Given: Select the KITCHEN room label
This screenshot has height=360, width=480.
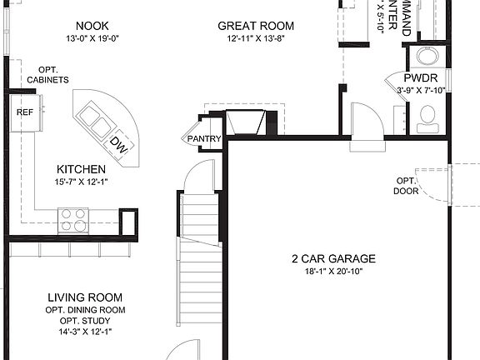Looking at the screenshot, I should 81,169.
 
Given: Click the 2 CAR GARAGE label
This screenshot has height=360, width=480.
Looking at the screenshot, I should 333,258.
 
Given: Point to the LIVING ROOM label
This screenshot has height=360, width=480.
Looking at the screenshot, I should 85,297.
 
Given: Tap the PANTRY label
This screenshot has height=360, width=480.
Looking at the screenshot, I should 203,139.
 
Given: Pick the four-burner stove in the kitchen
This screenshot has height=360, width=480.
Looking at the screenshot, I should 73,219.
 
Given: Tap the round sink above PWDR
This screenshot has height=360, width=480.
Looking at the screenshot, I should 427,56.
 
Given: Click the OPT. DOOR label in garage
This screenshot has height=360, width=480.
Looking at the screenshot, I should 406,186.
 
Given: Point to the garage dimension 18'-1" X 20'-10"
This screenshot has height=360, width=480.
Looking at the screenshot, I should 333,271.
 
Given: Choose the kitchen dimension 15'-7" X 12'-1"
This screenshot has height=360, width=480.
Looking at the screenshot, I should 81,182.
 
